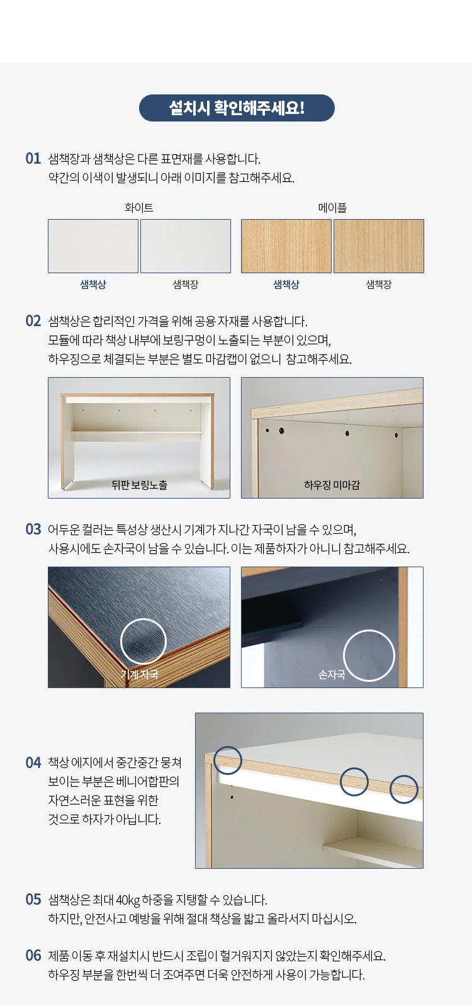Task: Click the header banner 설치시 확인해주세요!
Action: click(237, 108)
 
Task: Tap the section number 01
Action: click(33, 159)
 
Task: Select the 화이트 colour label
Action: click(139, 208)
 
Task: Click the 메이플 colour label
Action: click(332, 208)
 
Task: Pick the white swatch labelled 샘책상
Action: click(93, 246)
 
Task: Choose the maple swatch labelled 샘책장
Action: click(379, 246)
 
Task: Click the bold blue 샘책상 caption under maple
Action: click(286, 285)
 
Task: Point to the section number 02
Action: click(33, 321)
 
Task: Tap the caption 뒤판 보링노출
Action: click(139, 485)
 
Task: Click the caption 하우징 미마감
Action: click(332, 485)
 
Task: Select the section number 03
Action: click(33, 529)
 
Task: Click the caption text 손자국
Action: click(332, 675)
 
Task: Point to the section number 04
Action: click(33, 762)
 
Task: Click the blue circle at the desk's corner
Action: click(228, 747)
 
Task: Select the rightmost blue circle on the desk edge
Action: click(404, 776)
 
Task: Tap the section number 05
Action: click(33, 900)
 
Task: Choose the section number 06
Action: click(33, 956)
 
